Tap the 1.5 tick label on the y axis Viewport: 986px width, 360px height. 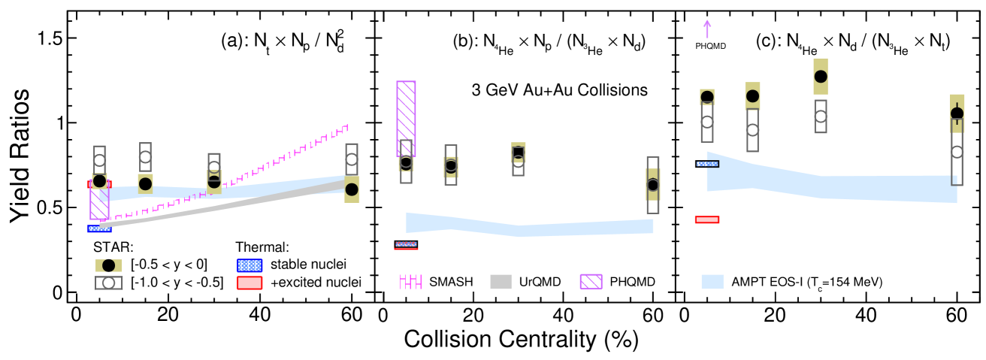[47, 38]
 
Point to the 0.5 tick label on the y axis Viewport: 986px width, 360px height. [47, 207]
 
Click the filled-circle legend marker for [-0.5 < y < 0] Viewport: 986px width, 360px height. [109, 265]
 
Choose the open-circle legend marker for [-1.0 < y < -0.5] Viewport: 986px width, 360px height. [109, 283]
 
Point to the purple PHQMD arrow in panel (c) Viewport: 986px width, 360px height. [706, 29]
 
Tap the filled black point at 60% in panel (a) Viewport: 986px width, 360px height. [352, 189]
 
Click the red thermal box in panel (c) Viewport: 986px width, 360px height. [707, 219]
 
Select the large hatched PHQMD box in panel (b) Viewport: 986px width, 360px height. [406, 118]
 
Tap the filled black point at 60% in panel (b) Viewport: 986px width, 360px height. [652, 185]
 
